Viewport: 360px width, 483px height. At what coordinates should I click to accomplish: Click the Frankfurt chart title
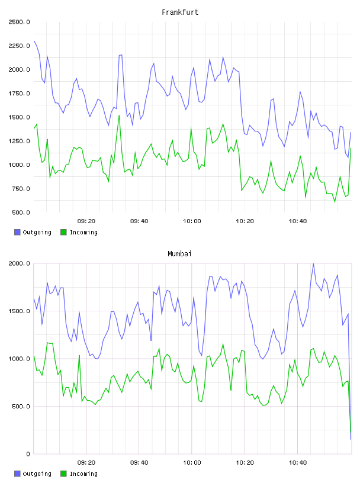[x=180, y=12]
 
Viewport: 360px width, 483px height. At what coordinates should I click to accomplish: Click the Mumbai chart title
[x=179, y=254]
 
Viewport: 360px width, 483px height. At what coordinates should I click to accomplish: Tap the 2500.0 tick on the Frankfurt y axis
[x=20, y=22]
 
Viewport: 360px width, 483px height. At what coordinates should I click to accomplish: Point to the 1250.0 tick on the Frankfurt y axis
[x=20, y=141]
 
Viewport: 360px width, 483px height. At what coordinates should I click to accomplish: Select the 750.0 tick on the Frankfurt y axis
[x=21, y=189]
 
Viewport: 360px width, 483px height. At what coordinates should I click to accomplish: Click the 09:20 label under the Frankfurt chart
[x=86, y=221]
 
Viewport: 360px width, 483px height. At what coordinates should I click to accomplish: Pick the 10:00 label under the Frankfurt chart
[x=192, y=221]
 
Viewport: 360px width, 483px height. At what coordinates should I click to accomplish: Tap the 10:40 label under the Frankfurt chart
[x=298, y=221]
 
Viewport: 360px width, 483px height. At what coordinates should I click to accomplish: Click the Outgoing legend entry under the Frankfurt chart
[x=33, y=232]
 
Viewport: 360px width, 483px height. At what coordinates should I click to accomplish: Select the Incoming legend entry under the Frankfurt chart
[x=79, y=232]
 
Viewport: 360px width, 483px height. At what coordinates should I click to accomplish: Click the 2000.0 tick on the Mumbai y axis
[x=20, y=263]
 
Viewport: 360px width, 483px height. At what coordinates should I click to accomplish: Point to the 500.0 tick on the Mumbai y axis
[x=21, y=406]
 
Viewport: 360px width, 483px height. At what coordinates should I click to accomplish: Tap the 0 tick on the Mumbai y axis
[x=28, y=454]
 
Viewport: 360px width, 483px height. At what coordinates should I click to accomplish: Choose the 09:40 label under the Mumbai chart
[x=139, y=463]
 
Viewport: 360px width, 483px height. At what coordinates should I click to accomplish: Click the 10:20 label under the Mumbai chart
[x=245, y=463]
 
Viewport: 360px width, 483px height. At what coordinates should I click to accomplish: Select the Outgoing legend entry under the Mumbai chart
[x=33, y=474]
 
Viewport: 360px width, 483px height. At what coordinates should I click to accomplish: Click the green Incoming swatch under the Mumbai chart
[x=63, y=474]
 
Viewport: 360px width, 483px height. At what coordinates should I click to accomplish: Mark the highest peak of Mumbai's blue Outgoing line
[x=313, y=263]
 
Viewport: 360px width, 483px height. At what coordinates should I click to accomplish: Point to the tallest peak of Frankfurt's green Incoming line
[x=119, y=115]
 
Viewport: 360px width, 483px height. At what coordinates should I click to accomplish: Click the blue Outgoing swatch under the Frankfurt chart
[x=17, y=232]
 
